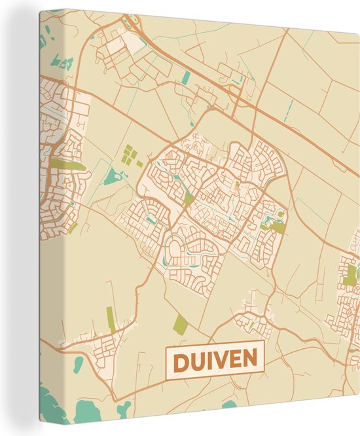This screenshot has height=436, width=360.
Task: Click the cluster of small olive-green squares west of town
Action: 130,154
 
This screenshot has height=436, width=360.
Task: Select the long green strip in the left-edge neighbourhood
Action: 67,164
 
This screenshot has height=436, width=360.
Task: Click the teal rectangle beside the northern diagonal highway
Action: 186,78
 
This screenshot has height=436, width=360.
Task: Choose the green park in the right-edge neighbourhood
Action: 351,276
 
